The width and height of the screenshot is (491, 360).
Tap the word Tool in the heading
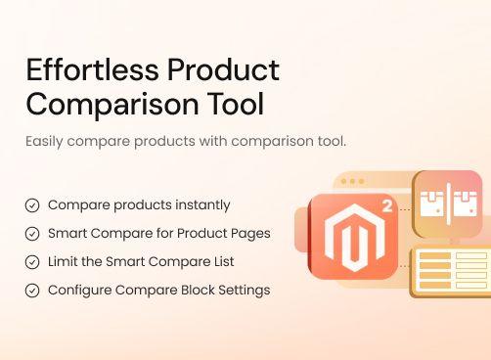[238, 104]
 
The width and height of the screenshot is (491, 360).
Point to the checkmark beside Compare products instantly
[32, 205]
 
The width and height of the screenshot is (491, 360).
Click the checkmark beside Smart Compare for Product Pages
[32, 234]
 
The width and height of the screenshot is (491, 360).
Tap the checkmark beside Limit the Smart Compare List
[32, 262]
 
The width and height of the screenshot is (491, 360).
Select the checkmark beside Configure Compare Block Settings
[32, 291]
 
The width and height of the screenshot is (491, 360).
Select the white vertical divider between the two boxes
[447, 202]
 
